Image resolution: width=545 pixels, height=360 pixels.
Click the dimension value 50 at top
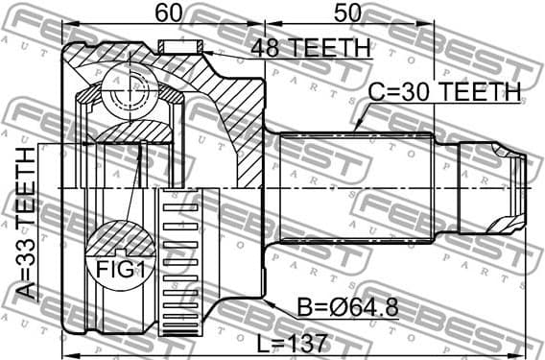[x=348, y=12]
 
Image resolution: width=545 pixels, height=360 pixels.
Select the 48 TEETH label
[x=310, y=48]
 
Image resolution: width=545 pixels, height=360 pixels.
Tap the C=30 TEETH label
[x=444, y=92]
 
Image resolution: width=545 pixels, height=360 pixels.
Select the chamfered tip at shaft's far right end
[x=521, y=186]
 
